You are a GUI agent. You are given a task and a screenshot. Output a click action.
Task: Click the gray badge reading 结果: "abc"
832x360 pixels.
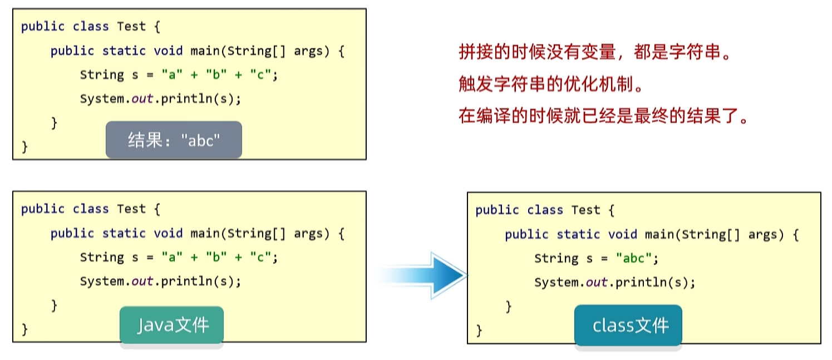pos(174,140)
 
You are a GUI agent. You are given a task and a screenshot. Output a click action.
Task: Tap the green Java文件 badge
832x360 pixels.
pos(171,325)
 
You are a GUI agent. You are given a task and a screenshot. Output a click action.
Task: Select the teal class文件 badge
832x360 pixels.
pos(628,326)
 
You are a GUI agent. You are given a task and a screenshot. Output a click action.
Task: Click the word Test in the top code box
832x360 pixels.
pos(131,27)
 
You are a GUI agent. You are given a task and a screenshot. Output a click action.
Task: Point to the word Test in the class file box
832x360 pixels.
pos(585,210)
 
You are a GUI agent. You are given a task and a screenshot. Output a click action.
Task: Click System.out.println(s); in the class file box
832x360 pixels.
pos(615,282)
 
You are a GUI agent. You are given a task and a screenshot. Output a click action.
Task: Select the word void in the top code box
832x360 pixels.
pos(168,51)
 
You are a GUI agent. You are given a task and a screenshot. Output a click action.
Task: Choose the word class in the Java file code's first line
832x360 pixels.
pos(91,209)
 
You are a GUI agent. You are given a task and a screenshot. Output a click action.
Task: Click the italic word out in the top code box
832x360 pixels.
pos(142,98)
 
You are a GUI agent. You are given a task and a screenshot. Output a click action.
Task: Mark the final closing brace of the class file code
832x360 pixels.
pos(479,331)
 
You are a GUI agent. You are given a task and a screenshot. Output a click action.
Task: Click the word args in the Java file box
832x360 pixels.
pos(308,233)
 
